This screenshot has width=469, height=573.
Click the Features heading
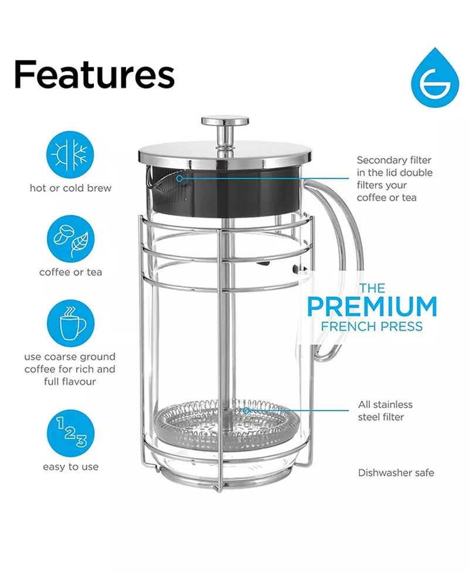pyautogui.click(x=94, y=74)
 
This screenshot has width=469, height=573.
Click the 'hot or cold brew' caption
pyautogui.click(x=70, y=188)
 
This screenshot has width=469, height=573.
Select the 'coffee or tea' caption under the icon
pyautogui.click(x=70, y=272)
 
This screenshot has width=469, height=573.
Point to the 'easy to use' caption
pyautogui.click(x=70, y=467)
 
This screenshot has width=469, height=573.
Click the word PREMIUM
pyautogui.click(x=372, y=307)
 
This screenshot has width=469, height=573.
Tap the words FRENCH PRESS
pyautogui.click(x=372, y=326)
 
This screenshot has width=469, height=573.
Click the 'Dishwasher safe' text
pyautogui.click(x=396, y=472)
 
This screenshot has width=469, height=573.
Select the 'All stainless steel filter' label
pyautogui.click(x=385, y=411)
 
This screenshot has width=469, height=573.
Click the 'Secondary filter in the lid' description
pyautogui.click(x=395, y=178)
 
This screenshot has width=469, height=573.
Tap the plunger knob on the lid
pyautogui.click(x=225, y=122)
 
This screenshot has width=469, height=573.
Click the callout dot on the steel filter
pyautogui.click(x=247, y=411)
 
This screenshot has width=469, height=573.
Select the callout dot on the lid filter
pyautogui.click(x=179, y=177)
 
